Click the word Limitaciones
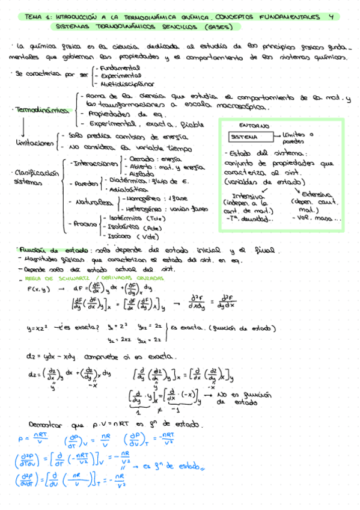click(x=34, y=143)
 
